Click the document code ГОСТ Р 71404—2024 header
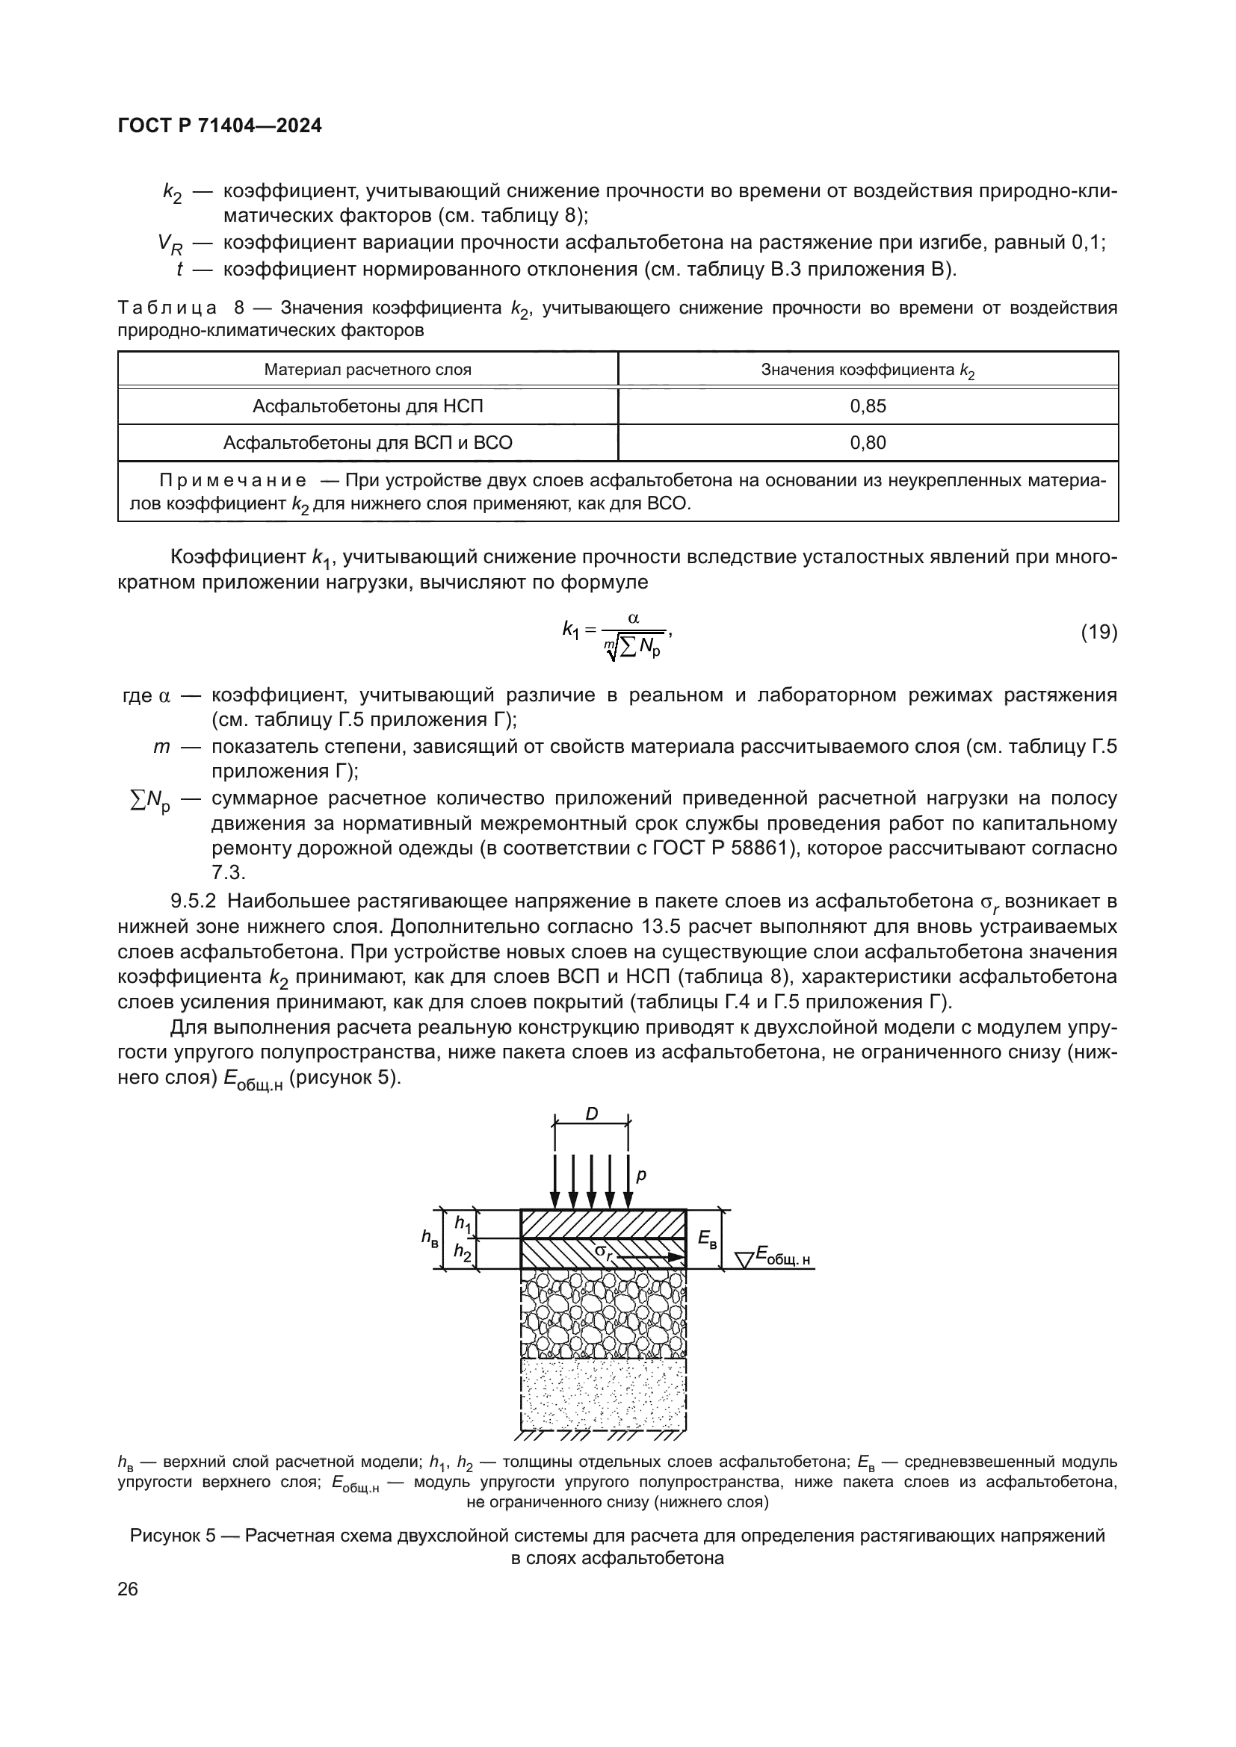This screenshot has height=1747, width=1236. (x=220, y=126)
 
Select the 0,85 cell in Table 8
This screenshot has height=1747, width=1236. (x=868, y=406)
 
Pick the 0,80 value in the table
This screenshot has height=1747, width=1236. (x=868, y=443)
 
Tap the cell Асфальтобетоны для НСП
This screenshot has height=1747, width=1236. (x=368, y=406)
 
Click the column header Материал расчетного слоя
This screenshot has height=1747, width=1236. (x=368, y=370)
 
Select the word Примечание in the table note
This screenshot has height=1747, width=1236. (x=233, y=481)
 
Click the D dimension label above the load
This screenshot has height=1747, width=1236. (x=591, y=1114)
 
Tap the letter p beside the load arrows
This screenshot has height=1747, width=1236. (x=641, y=1175)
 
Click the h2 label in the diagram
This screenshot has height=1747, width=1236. (x=463, y=1251)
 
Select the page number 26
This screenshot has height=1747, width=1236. (x=128, y=1589)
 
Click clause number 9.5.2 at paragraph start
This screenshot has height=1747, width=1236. (x=194, y=902)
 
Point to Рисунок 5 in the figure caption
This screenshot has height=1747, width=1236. (x=173, y=1536)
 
